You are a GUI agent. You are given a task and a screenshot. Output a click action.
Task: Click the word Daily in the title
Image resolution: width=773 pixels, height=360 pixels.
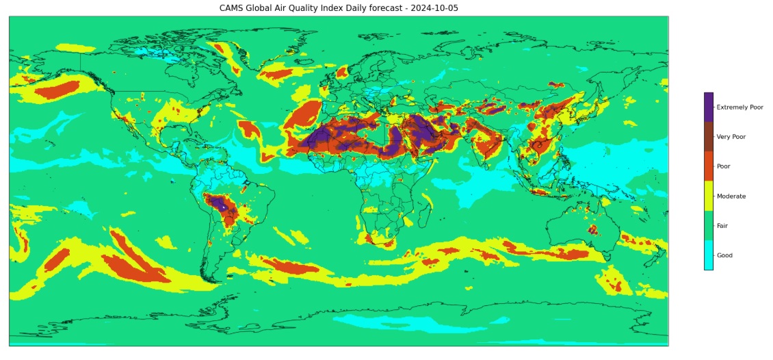coord(368,8)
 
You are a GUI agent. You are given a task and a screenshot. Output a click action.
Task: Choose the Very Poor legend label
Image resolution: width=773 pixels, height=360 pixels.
coord(731,137)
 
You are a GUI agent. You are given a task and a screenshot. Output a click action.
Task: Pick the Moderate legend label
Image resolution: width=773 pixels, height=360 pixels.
coord(731,196)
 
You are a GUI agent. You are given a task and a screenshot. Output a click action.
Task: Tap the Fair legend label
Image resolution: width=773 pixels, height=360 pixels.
coord(722,226)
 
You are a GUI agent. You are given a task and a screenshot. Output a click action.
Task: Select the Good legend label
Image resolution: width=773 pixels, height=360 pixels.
coord(724,255)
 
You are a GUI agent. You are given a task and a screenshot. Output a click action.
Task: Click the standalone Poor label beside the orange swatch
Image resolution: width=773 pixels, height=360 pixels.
coord(724,166)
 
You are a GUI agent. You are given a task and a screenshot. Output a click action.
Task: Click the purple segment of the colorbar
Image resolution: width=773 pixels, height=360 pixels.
coord(708,107)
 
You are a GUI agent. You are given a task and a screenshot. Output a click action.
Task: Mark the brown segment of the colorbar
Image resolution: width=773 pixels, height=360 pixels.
coord(708,137)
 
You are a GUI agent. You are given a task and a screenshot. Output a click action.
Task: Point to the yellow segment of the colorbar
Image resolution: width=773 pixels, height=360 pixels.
coord(708,196)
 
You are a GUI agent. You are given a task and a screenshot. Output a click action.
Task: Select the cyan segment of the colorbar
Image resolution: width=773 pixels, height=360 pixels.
coord(708,255)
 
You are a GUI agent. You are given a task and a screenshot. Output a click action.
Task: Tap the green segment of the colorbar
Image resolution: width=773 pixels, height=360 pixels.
coord(708,226)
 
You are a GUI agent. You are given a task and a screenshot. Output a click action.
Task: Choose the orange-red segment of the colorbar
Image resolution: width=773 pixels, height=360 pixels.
coord(708,166)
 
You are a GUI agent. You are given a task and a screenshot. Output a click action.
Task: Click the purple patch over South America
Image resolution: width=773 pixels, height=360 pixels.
coord(219,203)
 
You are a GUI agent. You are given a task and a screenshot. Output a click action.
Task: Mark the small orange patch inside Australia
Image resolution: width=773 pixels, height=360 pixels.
coord(592,229)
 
